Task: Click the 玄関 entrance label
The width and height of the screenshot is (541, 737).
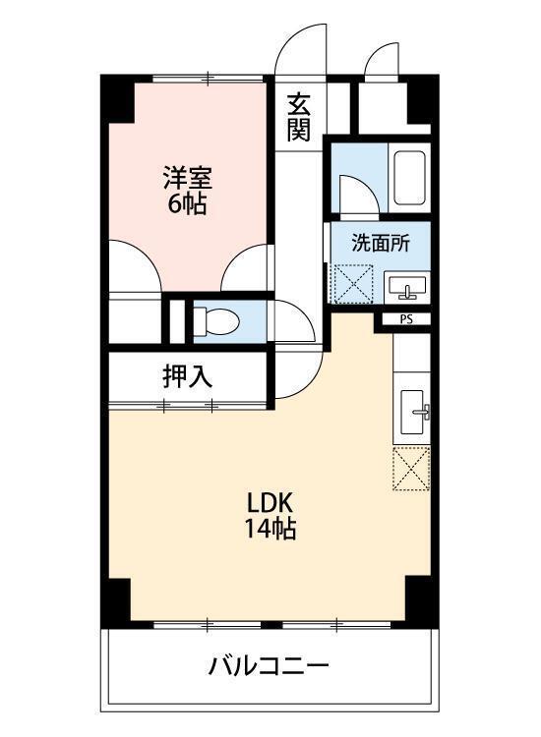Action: (299, 116)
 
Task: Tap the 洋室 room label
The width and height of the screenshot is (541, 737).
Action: (186, 180)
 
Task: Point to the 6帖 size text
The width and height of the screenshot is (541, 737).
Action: (186, 205)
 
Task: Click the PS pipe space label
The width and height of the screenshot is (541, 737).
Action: (405, 319)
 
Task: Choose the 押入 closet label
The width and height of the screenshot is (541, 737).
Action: (187, 375)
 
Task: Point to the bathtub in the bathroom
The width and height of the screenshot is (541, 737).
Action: (407, 177)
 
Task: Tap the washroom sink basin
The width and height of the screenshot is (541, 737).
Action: (406, 287)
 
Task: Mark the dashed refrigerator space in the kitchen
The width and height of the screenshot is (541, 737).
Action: (411, 468)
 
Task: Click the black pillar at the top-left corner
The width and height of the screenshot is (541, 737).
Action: (119, 95)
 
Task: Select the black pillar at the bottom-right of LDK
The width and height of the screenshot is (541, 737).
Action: (417, 596)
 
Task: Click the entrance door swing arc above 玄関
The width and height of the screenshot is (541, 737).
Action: (301, 49)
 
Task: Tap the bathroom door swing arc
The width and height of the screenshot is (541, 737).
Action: (354, 193)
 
